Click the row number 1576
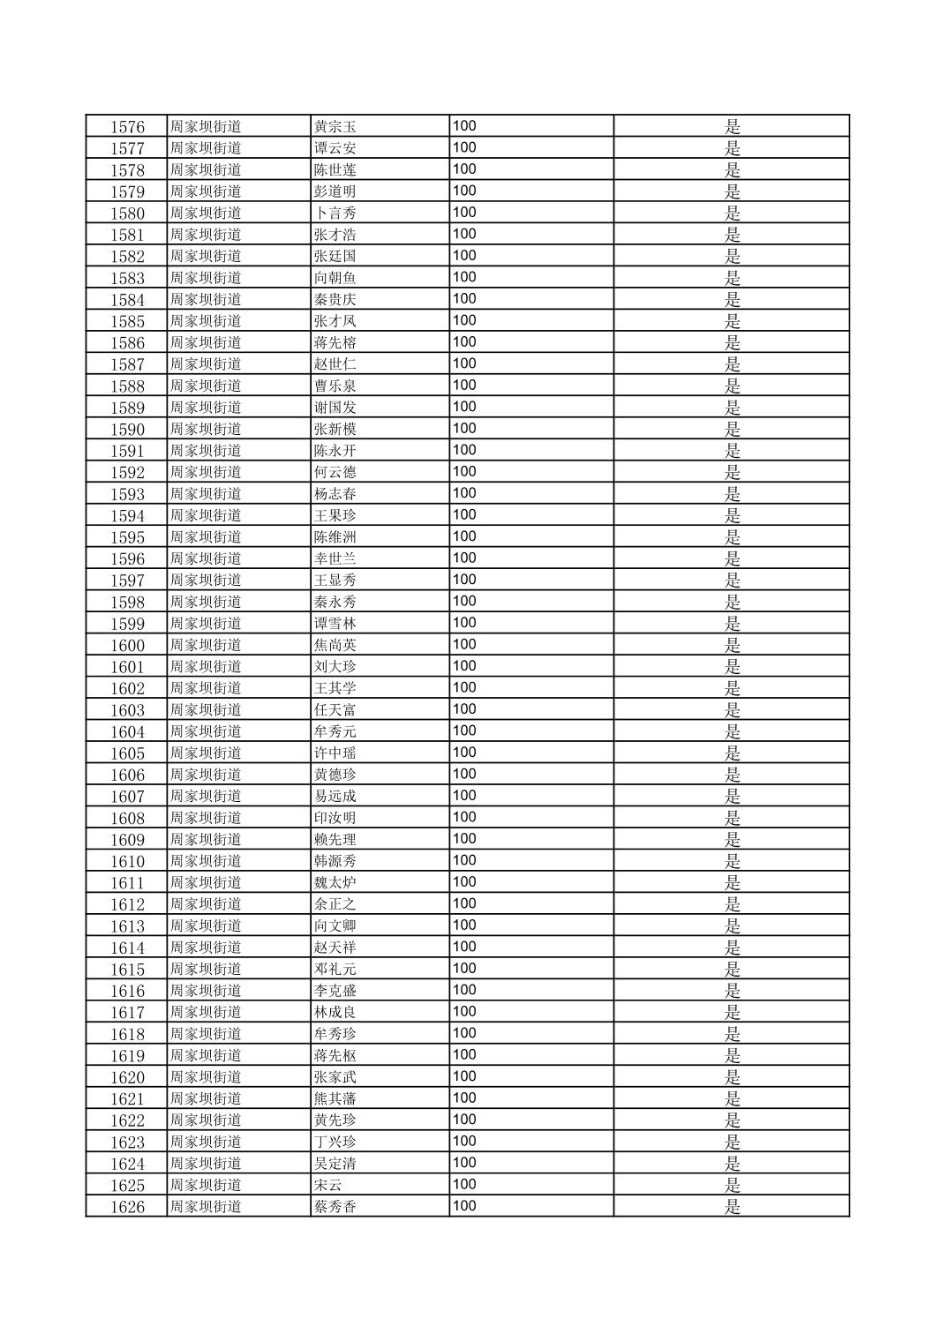pos(127,127)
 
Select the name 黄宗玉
pos(335,127)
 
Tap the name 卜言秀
pos(335,214)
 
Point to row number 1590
pos(127,430)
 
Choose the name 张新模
pos(335,430)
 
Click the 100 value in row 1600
pos(464,645)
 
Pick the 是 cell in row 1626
pos(733,1207)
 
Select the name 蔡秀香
pos(335,1207)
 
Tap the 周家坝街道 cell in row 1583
pos(206,278)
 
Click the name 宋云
pos(327,1185)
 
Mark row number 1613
pos(127,926)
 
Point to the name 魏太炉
pos(335,883)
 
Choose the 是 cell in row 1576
pos(733,127)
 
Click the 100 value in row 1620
pos(464,1076)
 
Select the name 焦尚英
pos(335,646)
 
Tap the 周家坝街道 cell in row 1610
pos(206,861)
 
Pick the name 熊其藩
pos(335,1099)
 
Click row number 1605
pos(127,753)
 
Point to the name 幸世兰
pos(335,559)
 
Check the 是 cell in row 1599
pos(733,624)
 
